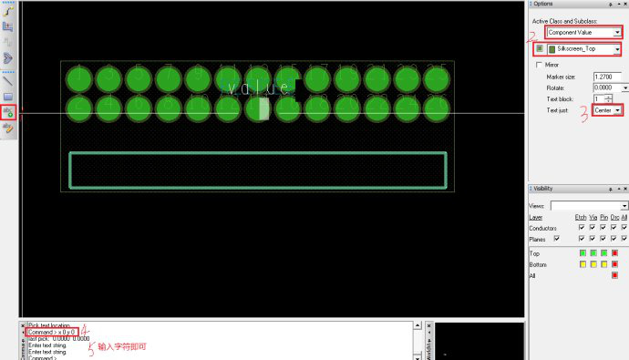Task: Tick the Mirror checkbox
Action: point(539,65)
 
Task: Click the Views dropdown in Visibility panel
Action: point(589,206)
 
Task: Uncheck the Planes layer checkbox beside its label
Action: point(556,237)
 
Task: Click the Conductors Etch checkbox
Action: point(582,227)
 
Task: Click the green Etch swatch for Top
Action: point(582,252)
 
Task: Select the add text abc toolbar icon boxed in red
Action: point(8,113)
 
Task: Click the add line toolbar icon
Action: point(8,80)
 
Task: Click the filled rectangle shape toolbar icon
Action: point(8,96)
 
